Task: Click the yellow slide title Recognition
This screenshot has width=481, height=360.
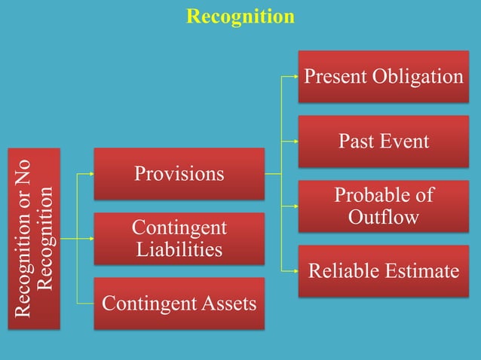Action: click(240, 16)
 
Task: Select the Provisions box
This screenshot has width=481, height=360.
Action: click(179, 174)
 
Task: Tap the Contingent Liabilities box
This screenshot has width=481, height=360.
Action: click(179, 238)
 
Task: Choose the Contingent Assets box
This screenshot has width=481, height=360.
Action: click(179, 304)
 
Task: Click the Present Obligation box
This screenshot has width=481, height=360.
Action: click(383, 77)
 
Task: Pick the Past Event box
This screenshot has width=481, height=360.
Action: click(383, 141)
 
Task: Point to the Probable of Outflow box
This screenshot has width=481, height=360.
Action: click(383, 206)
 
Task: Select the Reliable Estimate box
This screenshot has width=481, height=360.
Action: click(383, 270)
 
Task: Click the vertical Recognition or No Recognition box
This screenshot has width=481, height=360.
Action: click(35, 238)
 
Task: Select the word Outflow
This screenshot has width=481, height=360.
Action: click(384, 217)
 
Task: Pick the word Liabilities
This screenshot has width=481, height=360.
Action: click(179, 249)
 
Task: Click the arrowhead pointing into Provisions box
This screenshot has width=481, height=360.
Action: click(90, 174)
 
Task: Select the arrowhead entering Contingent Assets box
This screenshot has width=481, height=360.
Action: click(90, 304)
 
